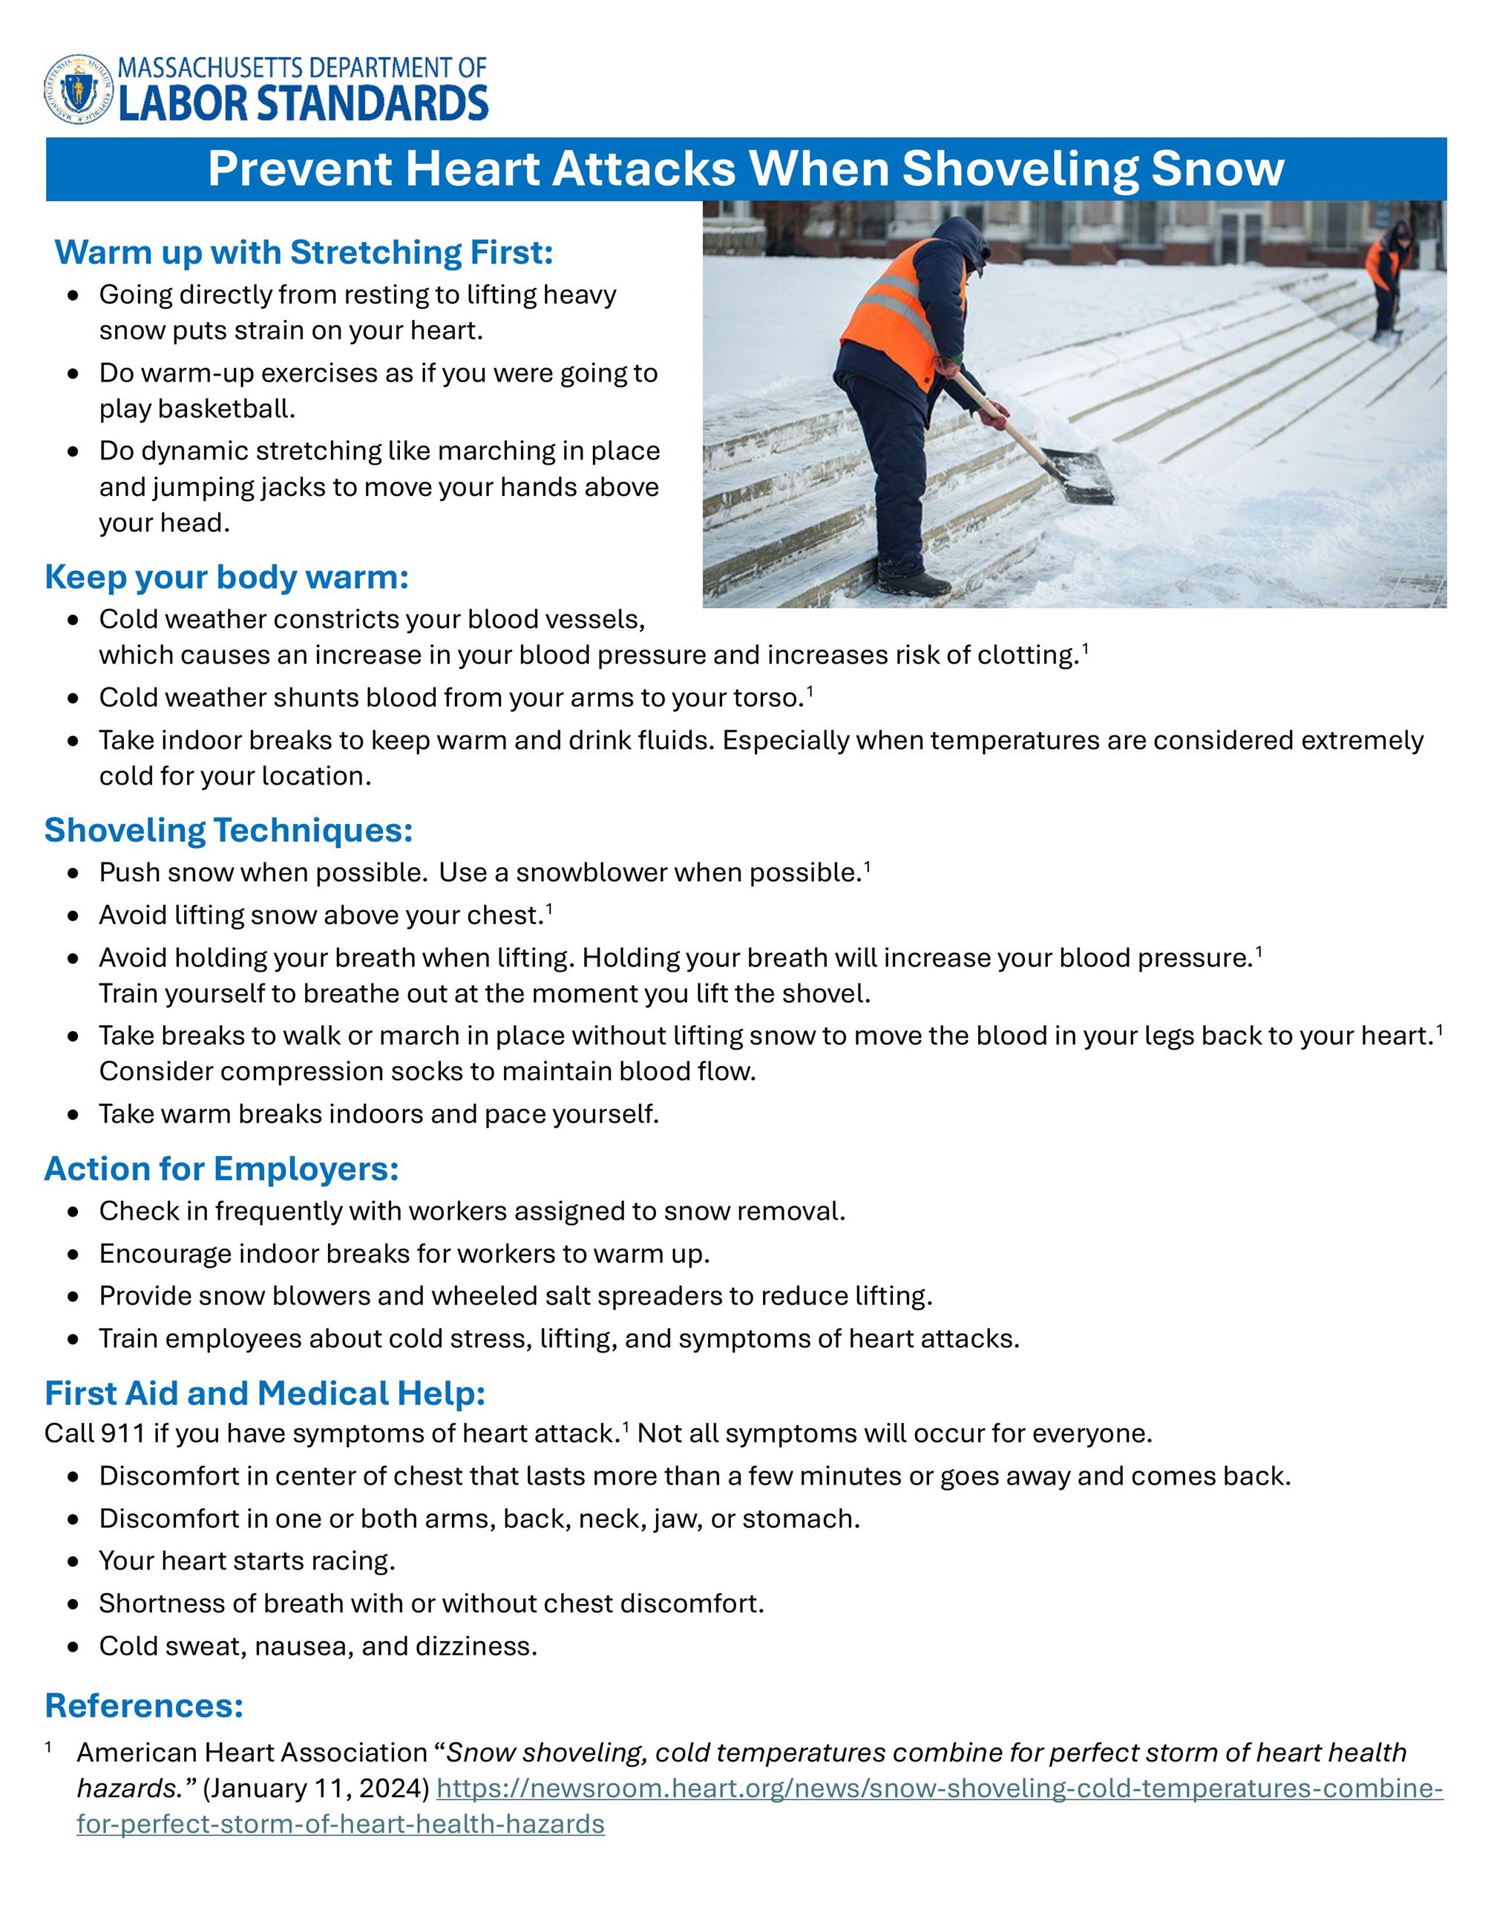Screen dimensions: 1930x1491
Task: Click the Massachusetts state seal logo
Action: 79,88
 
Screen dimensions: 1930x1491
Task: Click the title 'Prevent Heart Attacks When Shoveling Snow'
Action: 744,168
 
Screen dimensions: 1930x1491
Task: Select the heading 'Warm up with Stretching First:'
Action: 304,252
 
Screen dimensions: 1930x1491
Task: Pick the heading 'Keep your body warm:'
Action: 227,577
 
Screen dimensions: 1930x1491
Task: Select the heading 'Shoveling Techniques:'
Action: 229,830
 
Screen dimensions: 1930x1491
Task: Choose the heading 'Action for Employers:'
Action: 222,1168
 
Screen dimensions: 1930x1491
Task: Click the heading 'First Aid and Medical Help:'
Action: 265,1393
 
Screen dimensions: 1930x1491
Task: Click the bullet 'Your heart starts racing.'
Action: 246,1562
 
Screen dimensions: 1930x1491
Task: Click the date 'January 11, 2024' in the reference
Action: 315,1789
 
